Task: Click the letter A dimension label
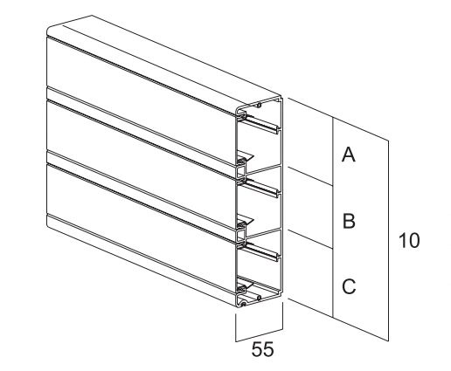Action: (349, 155)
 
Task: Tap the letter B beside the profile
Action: (349, 221)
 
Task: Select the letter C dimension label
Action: (349, 286)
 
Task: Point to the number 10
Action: (409, 241)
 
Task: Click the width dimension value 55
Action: (262, 349)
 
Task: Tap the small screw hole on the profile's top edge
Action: (259, 106)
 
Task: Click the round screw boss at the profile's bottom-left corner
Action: (244, 304)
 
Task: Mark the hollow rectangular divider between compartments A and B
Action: (241, 173)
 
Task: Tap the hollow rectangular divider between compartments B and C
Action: (241, 236)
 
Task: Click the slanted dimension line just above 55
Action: (259, 335)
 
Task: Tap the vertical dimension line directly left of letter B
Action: (333, 216)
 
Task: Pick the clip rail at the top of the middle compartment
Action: (260, 188)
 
